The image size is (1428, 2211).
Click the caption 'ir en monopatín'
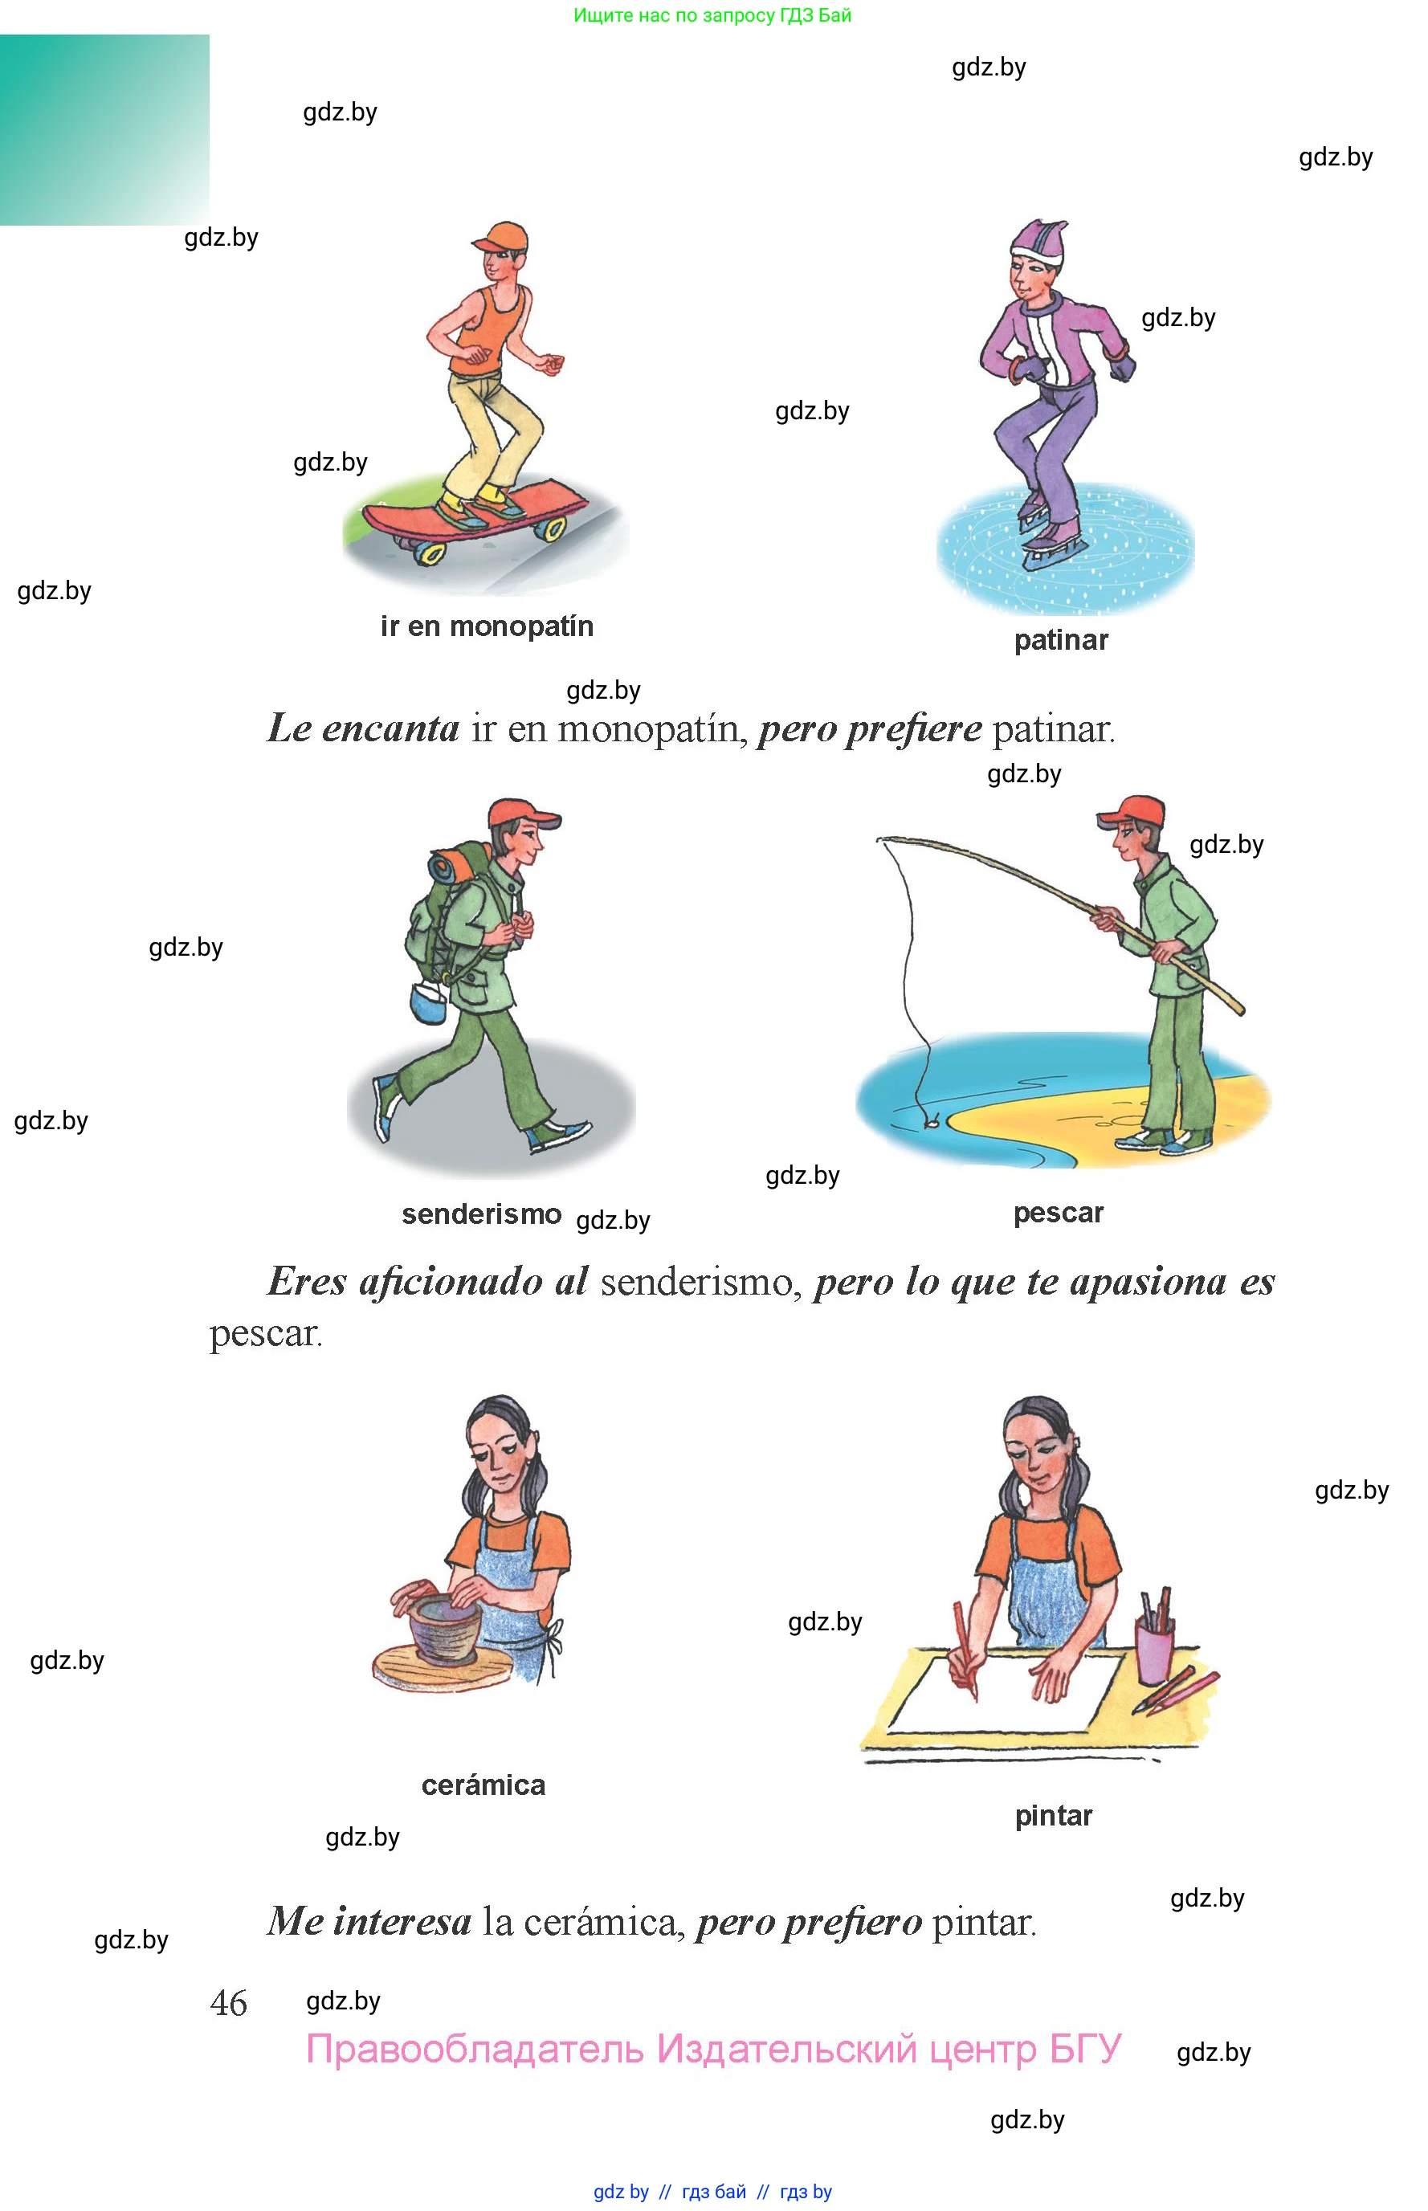coord(487,626)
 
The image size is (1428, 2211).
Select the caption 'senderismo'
coord(481,1214)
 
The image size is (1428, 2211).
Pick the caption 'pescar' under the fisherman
coord(1058,1214)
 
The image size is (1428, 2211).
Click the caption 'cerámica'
coord(483,1785)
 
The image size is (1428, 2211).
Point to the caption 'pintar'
coord(1054,1815)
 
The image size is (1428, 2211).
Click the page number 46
coord(228,2003)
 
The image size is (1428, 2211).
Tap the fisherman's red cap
coord(1132,812)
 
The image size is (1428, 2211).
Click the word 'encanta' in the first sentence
coord(390,728)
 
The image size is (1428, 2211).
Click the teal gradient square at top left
coord(104,130)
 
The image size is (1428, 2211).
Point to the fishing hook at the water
coord(931,1120)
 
